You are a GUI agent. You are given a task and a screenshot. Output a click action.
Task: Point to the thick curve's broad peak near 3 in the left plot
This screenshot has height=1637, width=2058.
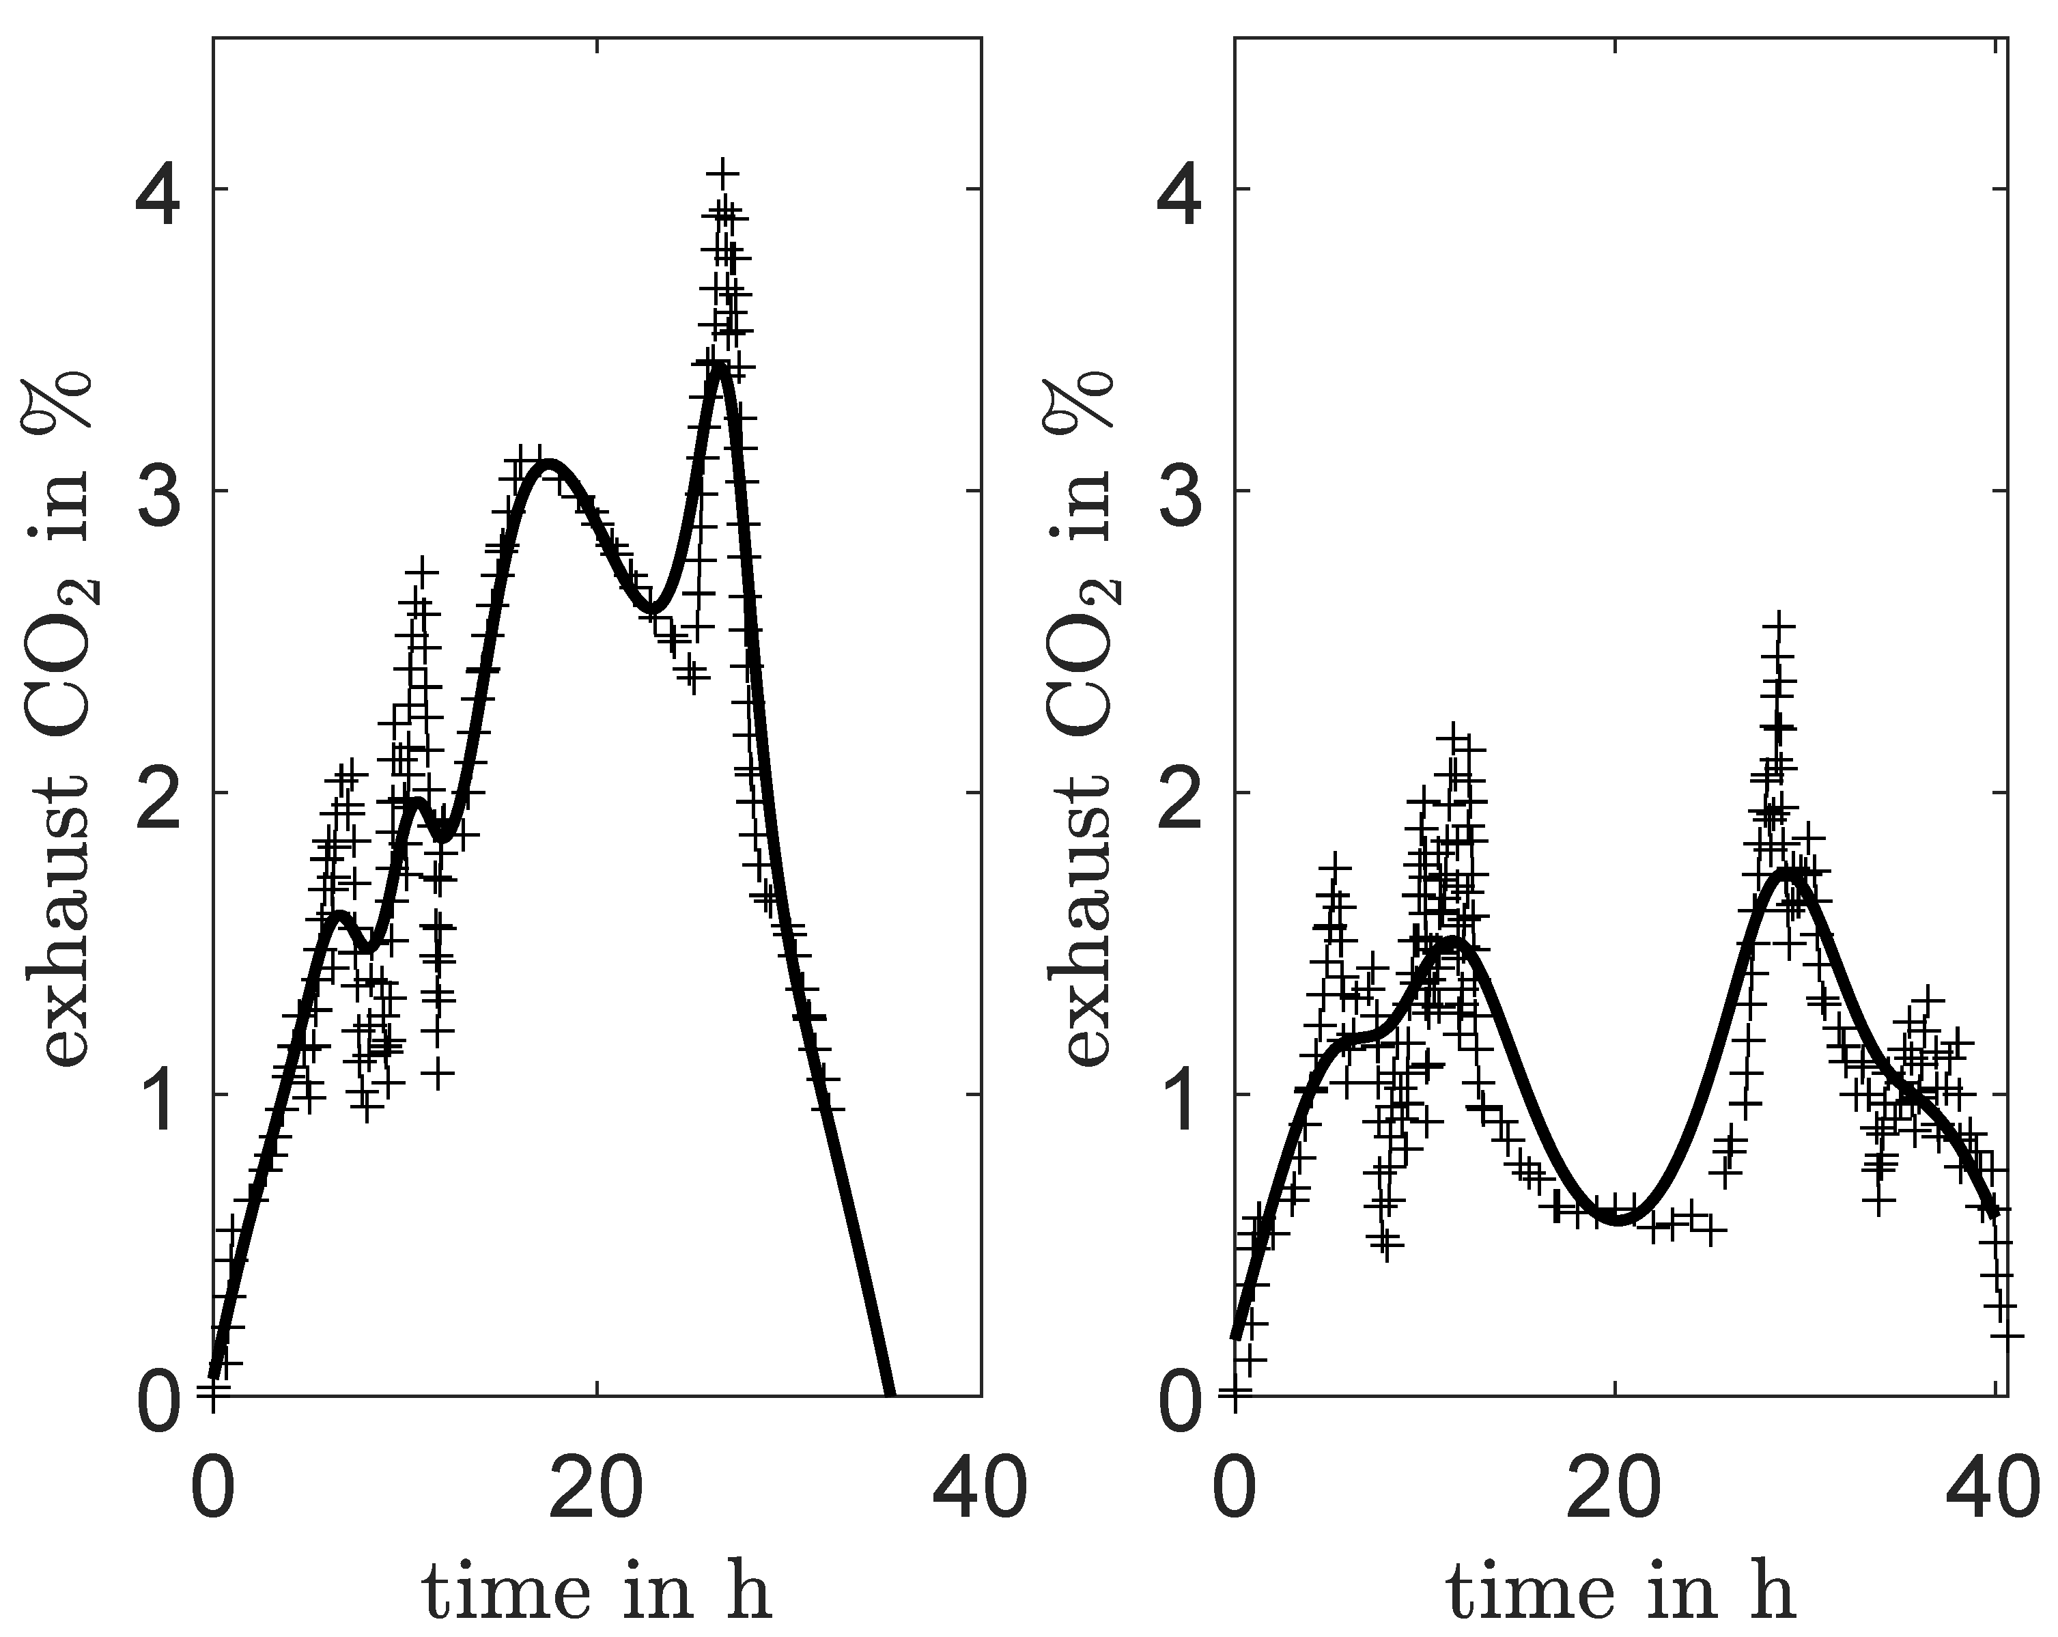pos(549,466)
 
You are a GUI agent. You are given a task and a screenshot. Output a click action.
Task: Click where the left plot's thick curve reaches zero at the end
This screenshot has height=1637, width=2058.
pos(890,1393)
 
